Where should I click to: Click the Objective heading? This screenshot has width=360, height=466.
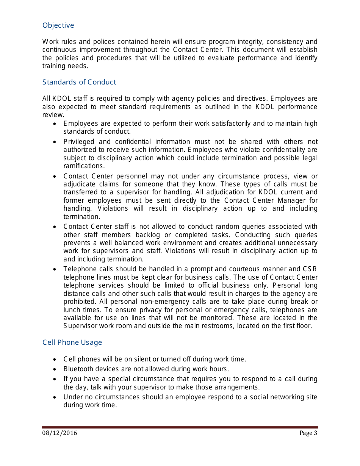pyautogui.click(x=58, y=25)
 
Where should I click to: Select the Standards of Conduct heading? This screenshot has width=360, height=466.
pyautogui.click(x=79, y=82)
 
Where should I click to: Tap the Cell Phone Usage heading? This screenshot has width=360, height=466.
pyautogui.click(x=72, y=342)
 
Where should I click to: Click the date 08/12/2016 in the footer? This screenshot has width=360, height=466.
pyautogui.click(x=59, y=433)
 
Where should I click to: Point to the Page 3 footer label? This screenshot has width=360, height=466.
pyautogui.click(x=308, y=433)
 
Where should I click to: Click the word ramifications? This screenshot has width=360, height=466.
pyautogui.click(x=83, y=166)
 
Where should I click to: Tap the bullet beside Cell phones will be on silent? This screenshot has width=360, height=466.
pyautogui.click(x=55, y=359)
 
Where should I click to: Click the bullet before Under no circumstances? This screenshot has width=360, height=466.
pyautogui.click(x=55, y=397)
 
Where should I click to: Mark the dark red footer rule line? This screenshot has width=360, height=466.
pyautogui.click(x=180, y=427)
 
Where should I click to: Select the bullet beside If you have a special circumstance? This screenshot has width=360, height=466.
pyautogui.click(x=55, y=379)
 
